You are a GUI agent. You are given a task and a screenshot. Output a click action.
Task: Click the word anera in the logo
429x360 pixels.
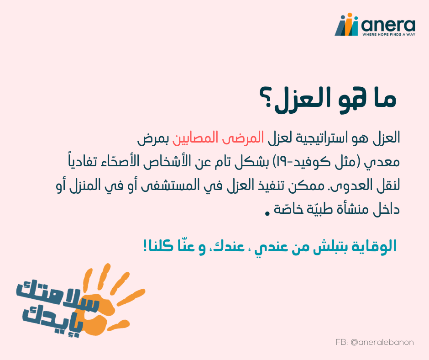coord(388,26)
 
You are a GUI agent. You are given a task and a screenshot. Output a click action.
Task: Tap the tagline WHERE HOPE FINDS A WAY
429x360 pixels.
coord(389,35)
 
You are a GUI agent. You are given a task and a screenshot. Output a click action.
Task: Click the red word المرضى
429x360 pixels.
coord(243,138)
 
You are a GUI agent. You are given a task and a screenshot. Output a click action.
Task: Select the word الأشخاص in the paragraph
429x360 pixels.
coord(165,161)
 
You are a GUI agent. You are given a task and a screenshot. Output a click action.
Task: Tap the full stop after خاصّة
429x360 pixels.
coord(267,213)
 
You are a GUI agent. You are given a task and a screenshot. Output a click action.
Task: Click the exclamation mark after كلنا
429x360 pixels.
coord(145,245)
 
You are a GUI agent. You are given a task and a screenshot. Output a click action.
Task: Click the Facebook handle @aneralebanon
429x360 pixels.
coord(382,342)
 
